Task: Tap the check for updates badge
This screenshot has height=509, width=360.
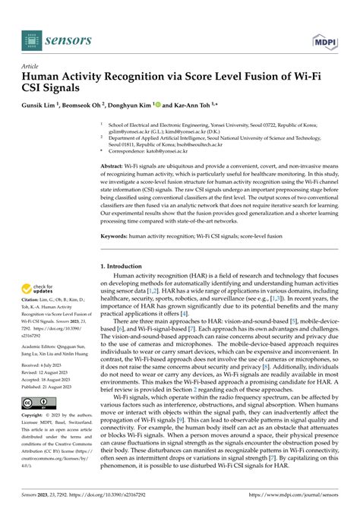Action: (39, 291)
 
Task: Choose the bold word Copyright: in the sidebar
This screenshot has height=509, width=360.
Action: (37, 417)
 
